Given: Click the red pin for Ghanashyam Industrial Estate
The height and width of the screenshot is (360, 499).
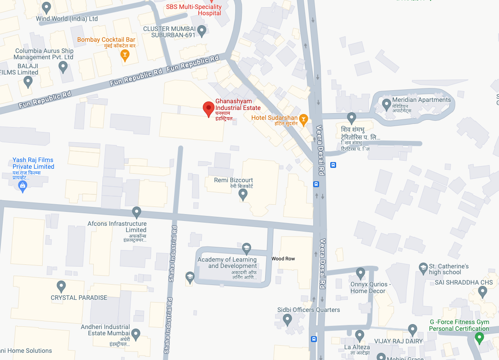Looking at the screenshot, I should pyautogui.click(x=208, y=108).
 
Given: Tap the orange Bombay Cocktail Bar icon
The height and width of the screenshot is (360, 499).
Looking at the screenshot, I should pyautogui.click(x=125, y=55).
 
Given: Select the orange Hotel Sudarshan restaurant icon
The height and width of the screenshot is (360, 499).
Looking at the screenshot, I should pyautogui.click(x=304, y=119).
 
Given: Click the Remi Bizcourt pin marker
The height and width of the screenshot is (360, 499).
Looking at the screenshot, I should pyautogui.click(x=243, y=194).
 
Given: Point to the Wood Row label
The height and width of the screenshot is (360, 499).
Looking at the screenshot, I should pyautogui.click(x=283, y=259).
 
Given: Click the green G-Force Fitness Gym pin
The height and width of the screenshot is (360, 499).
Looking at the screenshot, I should pyautogui.click(x=479, y=338).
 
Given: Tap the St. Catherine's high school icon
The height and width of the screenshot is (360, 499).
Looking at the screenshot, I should pyautogui.click(x=423, y=268).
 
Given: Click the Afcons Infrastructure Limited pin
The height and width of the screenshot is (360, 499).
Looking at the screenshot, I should pyautogui.click(x=137, y=212).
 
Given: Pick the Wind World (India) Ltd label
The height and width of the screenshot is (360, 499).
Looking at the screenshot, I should pyautogui.click(x=67, y=19).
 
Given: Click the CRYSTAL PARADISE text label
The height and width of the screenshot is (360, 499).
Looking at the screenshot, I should pyautogui.click(x=79, y=298).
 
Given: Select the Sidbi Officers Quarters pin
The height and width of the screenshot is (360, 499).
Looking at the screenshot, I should pyautogui.click(x=288, y=320).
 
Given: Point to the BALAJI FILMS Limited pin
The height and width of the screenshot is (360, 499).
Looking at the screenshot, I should pyautogui.click(x=28, y=82).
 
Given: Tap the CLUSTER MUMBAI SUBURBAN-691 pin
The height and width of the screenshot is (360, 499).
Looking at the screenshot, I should pyautogui.click(x=201, y=31).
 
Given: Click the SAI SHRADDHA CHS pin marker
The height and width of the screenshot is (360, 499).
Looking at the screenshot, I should pyautogui.click(x=482, y=292).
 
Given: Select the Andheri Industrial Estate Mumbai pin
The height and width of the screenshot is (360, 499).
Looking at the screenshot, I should pyautogui.click(x=136, y=334).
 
